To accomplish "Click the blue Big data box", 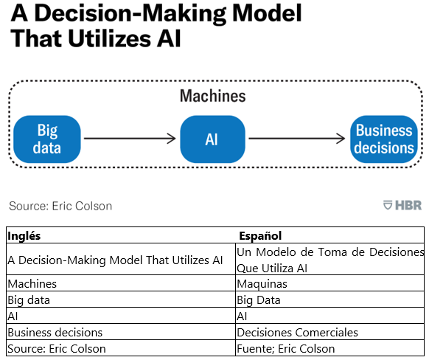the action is [47, 139].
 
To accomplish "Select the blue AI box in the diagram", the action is [212, 139].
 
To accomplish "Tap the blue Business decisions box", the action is [384, 139].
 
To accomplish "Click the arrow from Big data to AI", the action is [130, 139].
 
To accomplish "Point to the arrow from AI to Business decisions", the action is [297, 139].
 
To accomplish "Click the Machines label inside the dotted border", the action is [213, 96].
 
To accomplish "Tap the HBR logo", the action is [402, 205].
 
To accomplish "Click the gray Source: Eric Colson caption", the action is [60, 206].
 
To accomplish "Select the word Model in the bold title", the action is [267, 13].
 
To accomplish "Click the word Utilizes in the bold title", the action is [109, 38].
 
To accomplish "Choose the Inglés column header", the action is [24, 236].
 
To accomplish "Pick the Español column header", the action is [260, 236].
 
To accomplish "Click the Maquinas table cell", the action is [330, 283].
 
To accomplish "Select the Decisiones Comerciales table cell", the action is [330, 332].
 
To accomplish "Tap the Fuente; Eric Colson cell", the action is [330, 348].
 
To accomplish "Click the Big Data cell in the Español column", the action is [330, 300].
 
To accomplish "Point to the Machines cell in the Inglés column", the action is [121, 283].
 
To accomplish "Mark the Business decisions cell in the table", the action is [121, 332].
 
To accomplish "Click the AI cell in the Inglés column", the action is [121, 316].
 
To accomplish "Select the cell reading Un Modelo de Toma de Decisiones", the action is [330, 259].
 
